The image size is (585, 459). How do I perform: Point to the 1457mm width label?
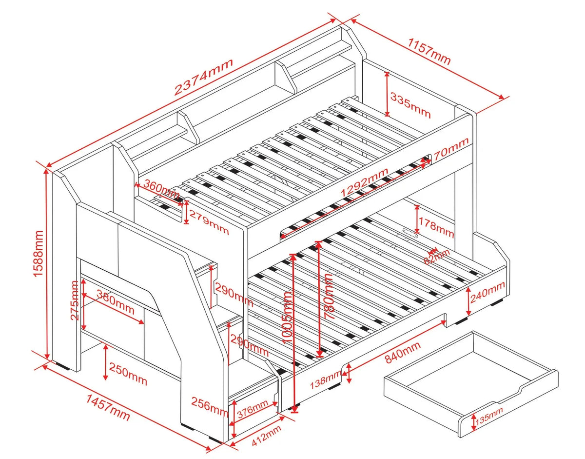108,408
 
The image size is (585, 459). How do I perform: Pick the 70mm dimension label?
451,149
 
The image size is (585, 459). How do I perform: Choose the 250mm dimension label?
129,374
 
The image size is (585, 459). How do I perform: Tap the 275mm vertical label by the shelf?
74,300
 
